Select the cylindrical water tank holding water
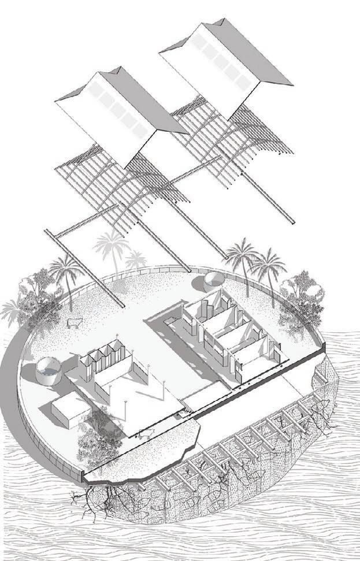[x=48, y=371]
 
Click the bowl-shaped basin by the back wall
[x=212, y=282]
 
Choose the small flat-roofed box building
[x=70, y=411]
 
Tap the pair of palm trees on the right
[x=254, y=263]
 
